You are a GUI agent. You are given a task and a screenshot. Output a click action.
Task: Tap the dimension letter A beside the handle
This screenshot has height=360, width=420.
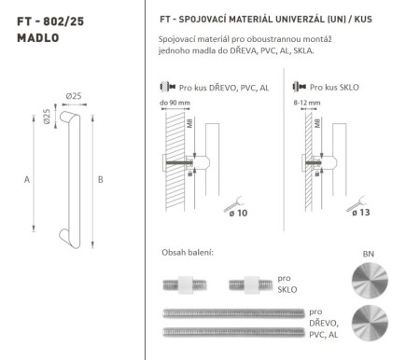(27, 179)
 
